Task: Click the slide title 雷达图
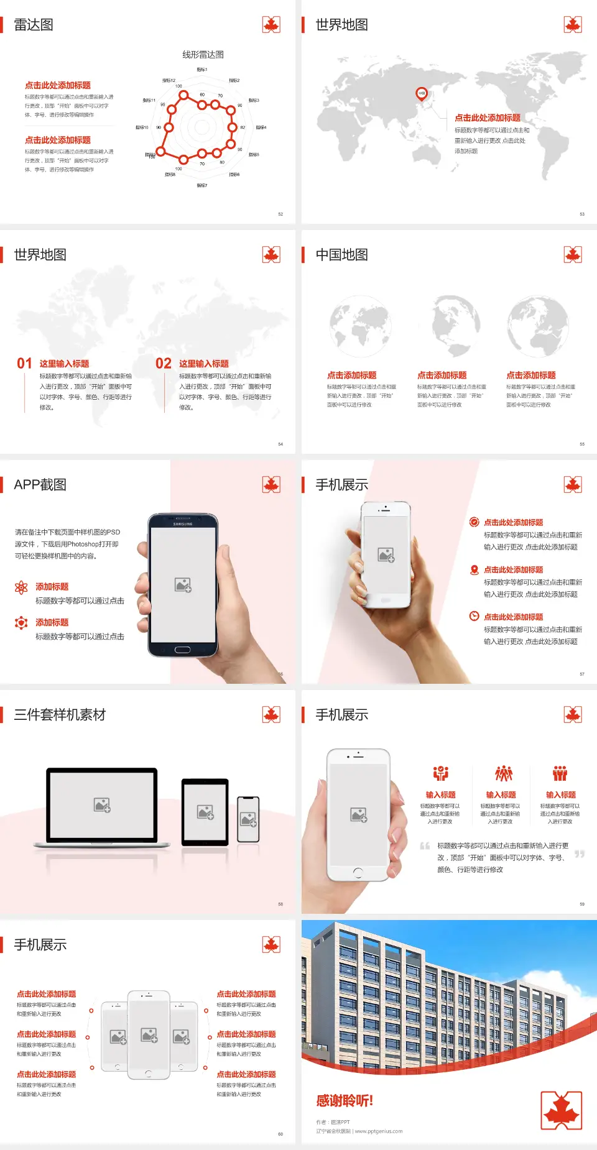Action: (x=34, y=25)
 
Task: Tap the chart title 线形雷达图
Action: (x=203, y=55)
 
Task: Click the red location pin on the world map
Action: (x=422, y=93)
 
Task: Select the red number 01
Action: (x=24, y=364)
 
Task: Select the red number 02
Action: (x=164, y=364)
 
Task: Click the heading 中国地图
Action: (x=341, y=255)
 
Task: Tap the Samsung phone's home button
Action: (x=182, y=650)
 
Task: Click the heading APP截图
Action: (x=40, y=485)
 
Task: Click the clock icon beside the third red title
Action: (x=474, y=616)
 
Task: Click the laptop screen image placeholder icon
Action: (x=102, y=805)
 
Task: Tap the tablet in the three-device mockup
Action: (x=205, y=811)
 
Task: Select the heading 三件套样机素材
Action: (x=60, y=715)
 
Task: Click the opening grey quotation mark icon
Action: (x=425, y=846)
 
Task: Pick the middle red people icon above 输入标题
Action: (x=503, y=773)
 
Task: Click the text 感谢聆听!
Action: (x=345, y=1101)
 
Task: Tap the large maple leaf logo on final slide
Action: (x=562, y=1110)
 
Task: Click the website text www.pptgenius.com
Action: (x=379, y=1131)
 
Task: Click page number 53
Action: (x=582, y=214)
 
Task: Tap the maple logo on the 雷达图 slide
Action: (x=271, y=25)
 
